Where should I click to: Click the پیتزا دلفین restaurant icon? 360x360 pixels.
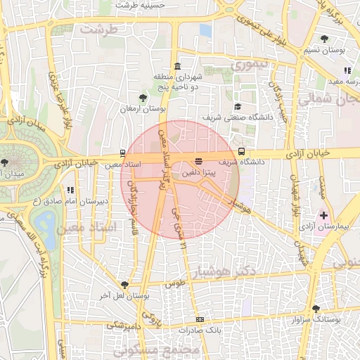point(199,162)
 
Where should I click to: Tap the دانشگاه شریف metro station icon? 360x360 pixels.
point(242,151)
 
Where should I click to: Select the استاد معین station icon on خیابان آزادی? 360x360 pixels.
point(124,153)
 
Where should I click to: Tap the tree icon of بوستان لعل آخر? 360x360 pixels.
point(124,285)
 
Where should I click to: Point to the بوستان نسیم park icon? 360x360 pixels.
point(324,39)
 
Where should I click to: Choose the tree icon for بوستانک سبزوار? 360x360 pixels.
point(315,308)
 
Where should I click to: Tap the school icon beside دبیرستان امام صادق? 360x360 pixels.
point(70,190)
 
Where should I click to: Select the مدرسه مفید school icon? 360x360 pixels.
point(347,70)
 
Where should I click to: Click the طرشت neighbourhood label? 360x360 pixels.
point(98,30)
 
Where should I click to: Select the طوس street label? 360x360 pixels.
point(173,283)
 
